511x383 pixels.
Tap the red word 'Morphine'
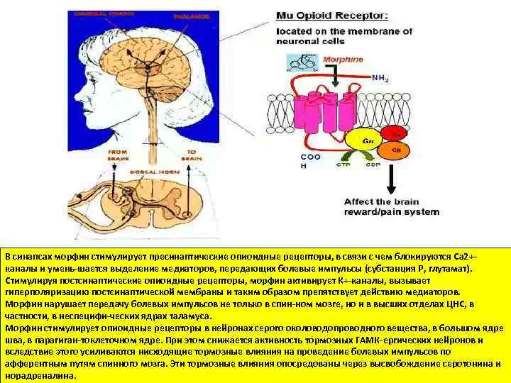(343, 60)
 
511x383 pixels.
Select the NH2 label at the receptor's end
(380, 79)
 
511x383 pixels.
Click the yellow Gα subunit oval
(368, 141)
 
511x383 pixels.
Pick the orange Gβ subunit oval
(395, 148)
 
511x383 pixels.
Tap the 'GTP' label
(343, 165)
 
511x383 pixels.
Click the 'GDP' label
(373, 165)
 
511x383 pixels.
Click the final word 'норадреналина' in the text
(35, 375)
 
